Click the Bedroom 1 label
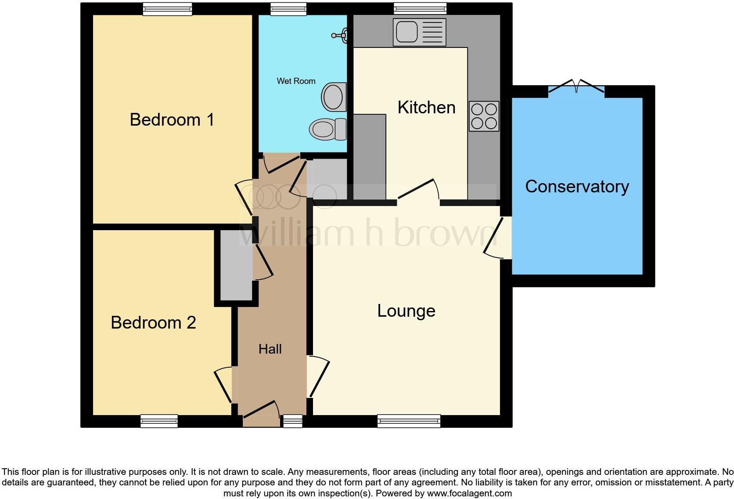click(x=172, y=119)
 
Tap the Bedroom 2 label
click(x=153, y=322)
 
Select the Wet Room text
click(x=296, y=81)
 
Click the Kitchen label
click(x=426, y=107)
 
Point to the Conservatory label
click(x=577, y=186)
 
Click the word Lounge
click(x=406, y=311)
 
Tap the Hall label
click(x=270, y=349)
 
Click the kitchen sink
click(x=419, y=32)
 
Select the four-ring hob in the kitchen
click(x=484, y=116)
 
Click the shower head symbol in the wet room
click(x=341, y=34)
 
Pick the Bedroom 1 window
click(x=167, y=9)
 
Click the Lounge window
click(x=409, y=421)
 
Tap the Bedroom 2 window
click(x=159, y=421)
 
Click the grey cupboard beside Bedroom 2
click(x=236, y=265)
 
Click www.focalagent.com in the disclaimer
click(x=469, y=493)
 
